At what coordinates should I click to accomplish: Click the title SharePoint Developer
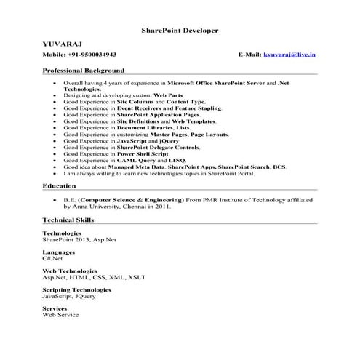[x=179, y=31]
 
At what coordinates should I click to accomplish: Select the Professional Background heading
[x=83, y=71]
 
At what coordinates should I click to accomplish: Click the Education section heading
[x=60, y=187]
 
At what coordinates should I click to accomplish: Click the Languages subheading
[x=57, y=251]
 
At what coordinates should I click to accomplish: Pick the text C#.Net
[x=53, y=257]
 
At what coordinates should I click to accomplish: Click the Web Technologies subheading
[x=69, y=271]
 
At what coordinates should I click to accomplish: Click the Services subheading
[x=55, y=308]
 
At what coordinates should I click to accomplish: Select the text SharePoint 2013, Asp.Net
[x=74, y=239]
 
